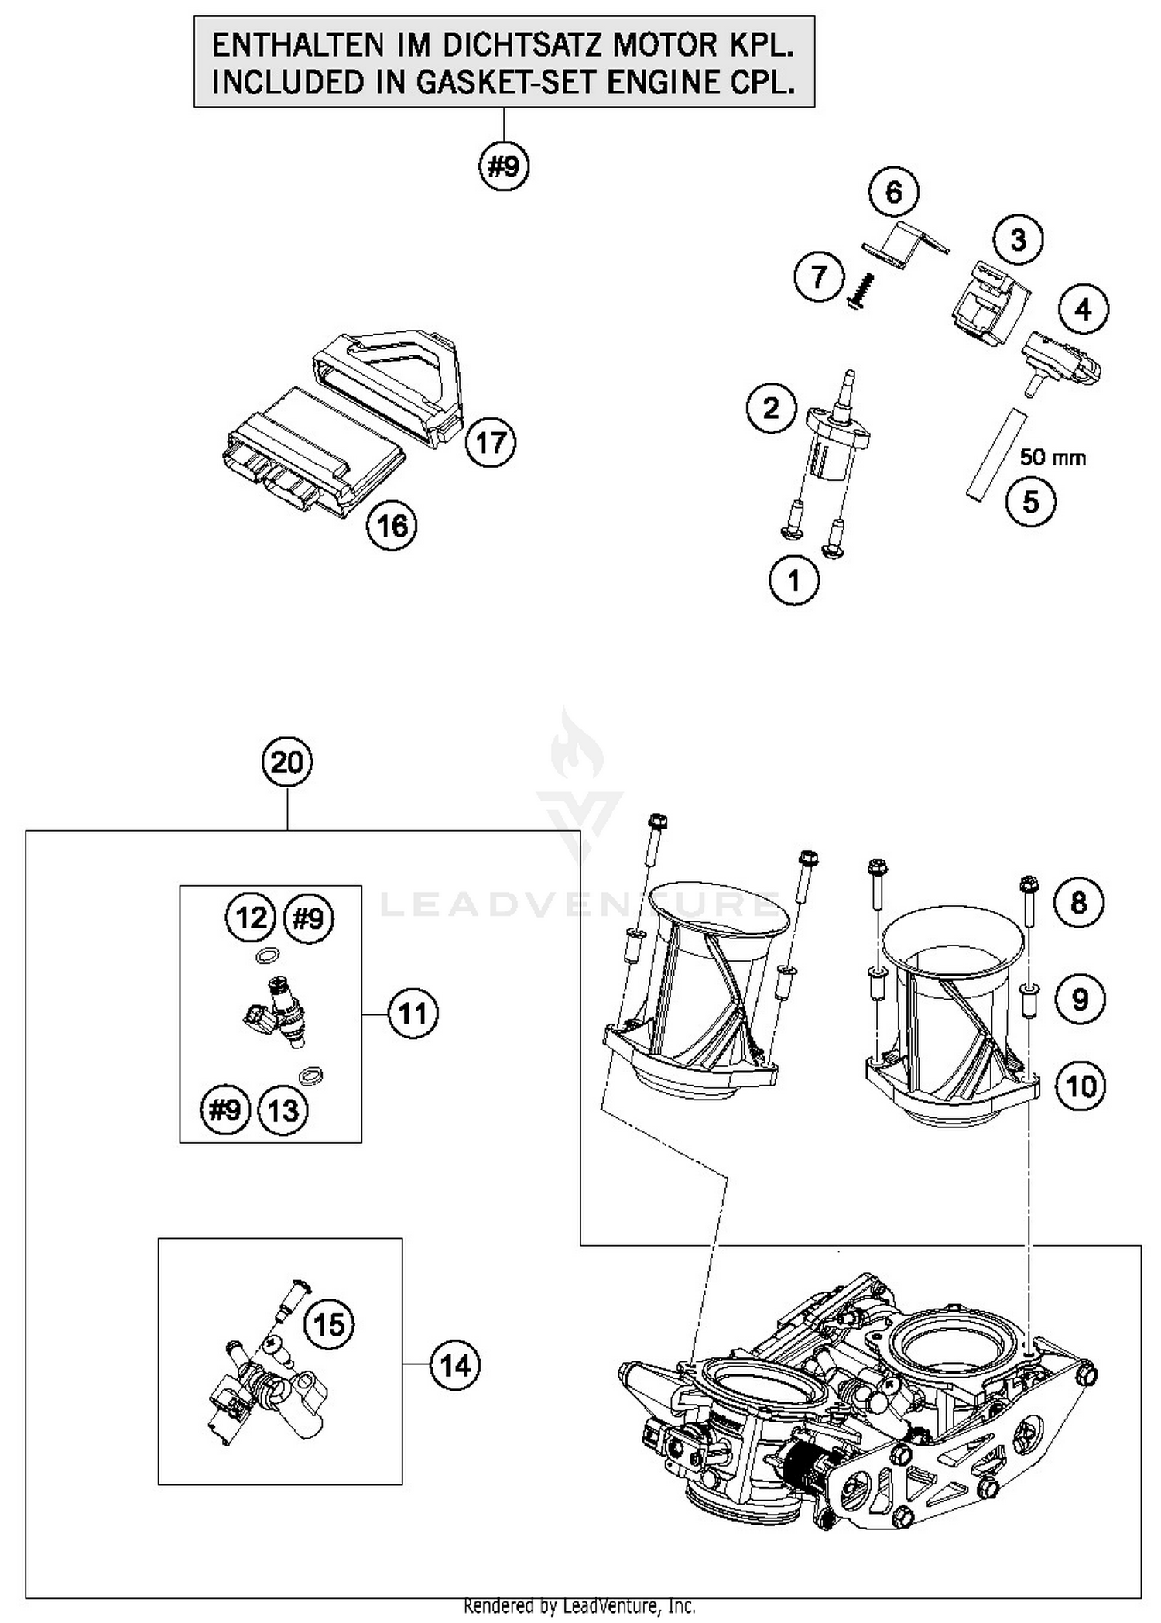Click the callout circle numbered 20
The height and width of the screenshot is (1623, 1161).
[x=287, y=763]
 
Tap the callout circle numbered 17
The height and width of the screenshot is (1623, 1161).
[x=491, y=443]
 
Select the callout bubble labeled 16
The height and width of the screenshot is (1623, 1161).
[x=392, y=526]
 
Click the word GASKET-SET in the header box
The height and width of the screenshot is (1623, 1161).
[x=509, y=82]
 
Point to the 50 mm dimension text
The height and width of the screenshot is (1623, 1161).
[x=1053, y=457]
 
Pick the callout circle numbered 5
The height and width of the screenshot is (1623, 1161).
[x=1031, y=502]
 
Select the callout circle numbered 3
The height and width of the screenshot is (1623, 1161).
[x=1018, y=239]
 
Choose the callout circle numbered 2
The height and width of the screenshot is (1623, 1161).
[x=771, y=408]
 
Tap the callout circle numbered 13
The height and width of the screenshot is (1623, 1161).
[x=283, y=1111]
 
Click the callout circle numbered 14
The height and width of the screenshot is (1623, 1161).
[x=455, y=1365]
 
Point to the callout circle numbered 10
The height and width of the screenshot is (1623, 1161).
[x=1081, y=1086]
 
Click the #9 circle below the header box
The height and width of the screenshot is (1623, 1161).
[x=504, y=166]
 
